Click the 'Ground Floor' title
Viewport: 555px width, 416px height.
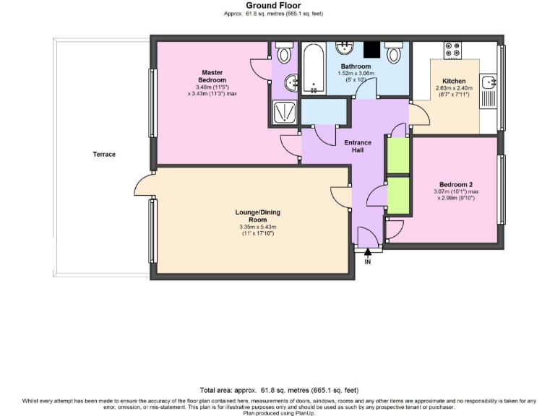278,5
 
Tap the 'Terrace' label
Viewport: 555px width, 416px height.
103,154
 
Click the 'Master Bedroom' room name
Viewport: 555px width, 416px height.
212,76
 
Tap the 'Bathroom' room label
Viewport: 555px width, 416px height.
356,66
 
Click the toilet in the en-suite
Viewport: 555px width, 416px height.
284,53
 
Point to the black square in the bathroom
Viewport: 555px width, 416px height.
371,50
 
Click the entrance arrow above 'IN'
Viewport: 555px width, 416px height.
368,252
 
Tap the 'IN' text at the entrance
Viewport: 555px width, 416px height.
368,261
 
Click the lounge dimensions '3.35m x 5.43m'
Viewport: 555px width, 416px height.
257,227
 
